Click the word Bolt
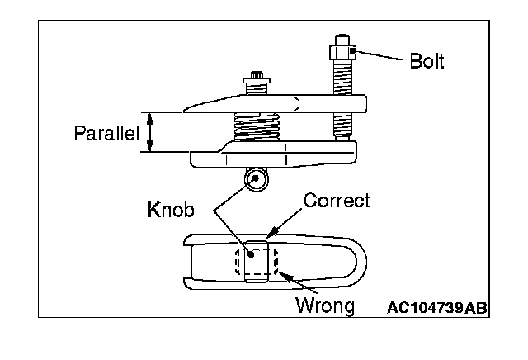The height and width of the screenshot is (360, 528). click(x=427, y=62)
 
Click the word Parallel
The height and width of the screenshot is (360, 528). click(x=107, y=133)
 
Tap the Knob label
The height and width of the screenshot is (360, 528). click(x=172, y=210)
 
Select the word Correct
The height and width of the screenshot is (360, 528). click(x=337, y=201)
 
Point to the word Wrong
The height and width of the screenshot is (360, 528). click(x=325, y=306)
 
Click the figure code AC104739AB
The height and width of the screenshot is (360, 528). click(x=436, y=308)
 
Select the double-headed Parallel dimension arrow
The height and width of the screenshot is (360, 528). click(x=150, y=133)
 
